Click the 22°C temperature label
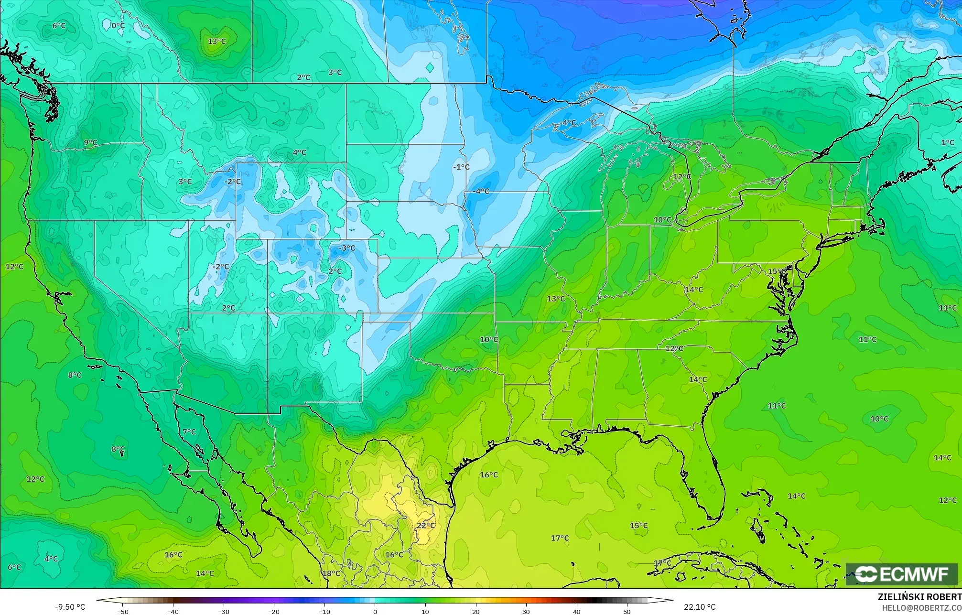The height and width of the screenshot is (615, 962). (425, 525)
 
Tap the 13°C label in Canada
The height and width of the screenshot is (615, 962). (216, 42)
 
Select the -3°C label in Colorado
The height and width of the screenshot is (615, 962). (347, 248)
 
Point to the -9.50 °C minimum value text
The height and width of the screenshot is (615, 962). (70, 607)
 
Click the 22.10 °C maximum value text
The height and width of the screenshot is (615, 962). (699, 607)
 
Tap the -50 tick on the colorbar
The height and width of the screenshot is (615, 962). (123, 611)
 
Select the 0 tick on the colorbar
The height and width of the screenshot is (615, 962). (375, 611)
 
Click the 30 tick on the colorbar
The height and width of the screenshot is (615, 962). (526, 611)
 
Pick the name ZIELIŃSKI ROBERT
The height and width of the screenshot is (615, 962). (919, 597)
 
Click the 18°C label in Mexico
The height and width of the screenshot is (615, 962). (331, 573)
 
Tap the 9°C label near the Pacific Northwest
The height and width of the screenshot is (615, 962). (90, 142)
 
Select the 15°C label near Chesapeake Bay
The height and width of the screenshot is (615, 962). (777, 271)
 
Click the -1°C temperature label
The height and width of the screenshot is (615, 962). (461, 167)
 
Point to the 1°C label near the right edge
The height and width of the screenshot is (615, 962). (948, 142)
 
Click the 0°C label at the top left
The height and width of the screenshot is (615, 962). (118, 25)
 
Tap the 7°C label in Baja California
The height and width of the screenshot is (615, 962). (189, 432)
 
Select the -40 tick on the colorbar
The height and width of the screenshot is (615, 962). (173, 611)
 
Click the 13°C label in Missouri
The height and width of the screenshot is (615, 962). (556, 299)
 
